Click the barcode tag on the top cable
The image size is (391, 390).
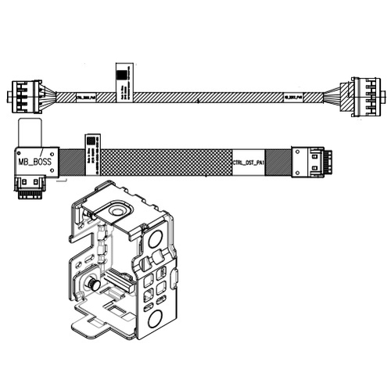[122, 81]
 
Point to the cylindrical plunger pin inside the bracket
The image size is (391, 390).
[92, 286]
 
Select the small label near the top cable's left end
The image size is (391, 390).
[85, 98]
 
